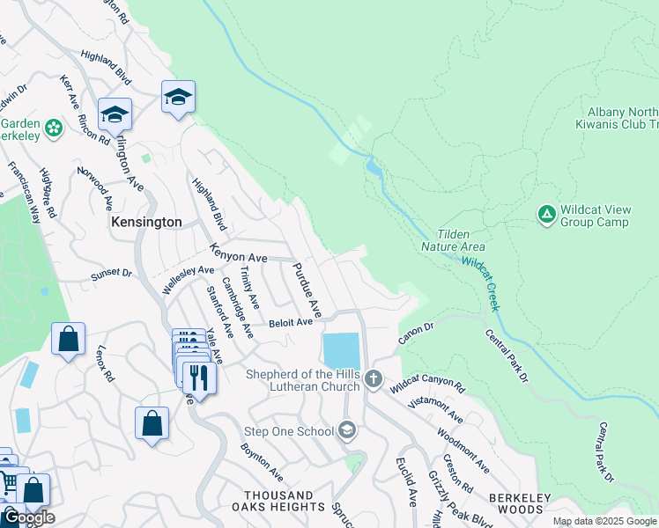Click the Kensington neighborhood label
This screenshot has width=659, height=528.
click(146, 223)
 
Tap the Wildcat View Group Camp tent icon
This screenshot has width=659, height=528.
click(546, 214)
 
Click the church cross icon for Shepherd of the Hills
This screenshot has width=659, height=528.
click(374, 379)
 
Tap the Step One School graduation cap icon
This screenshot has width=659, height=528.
click(348, 430)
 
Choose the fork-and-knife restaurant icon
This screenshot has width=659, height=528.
click(198, 378)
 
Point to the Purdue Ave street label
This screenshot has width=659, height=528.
click(307, 290)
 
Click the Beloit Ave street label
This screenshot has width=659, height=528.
click(291, 323)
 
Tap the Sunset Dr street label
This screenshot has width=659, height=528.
click(112, 275)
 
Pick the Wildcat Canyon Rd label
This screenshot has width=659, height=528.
click(427, 384)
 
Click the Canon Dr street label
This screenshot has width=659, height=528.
click(417, 332)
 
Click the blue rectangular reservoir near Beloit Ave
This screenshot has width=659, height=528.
click(341, 351)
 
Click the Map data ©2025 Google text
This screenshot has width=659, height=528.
click(604, 521)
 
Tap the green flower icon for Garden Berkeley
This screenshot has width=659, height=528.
click(54, 128)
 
